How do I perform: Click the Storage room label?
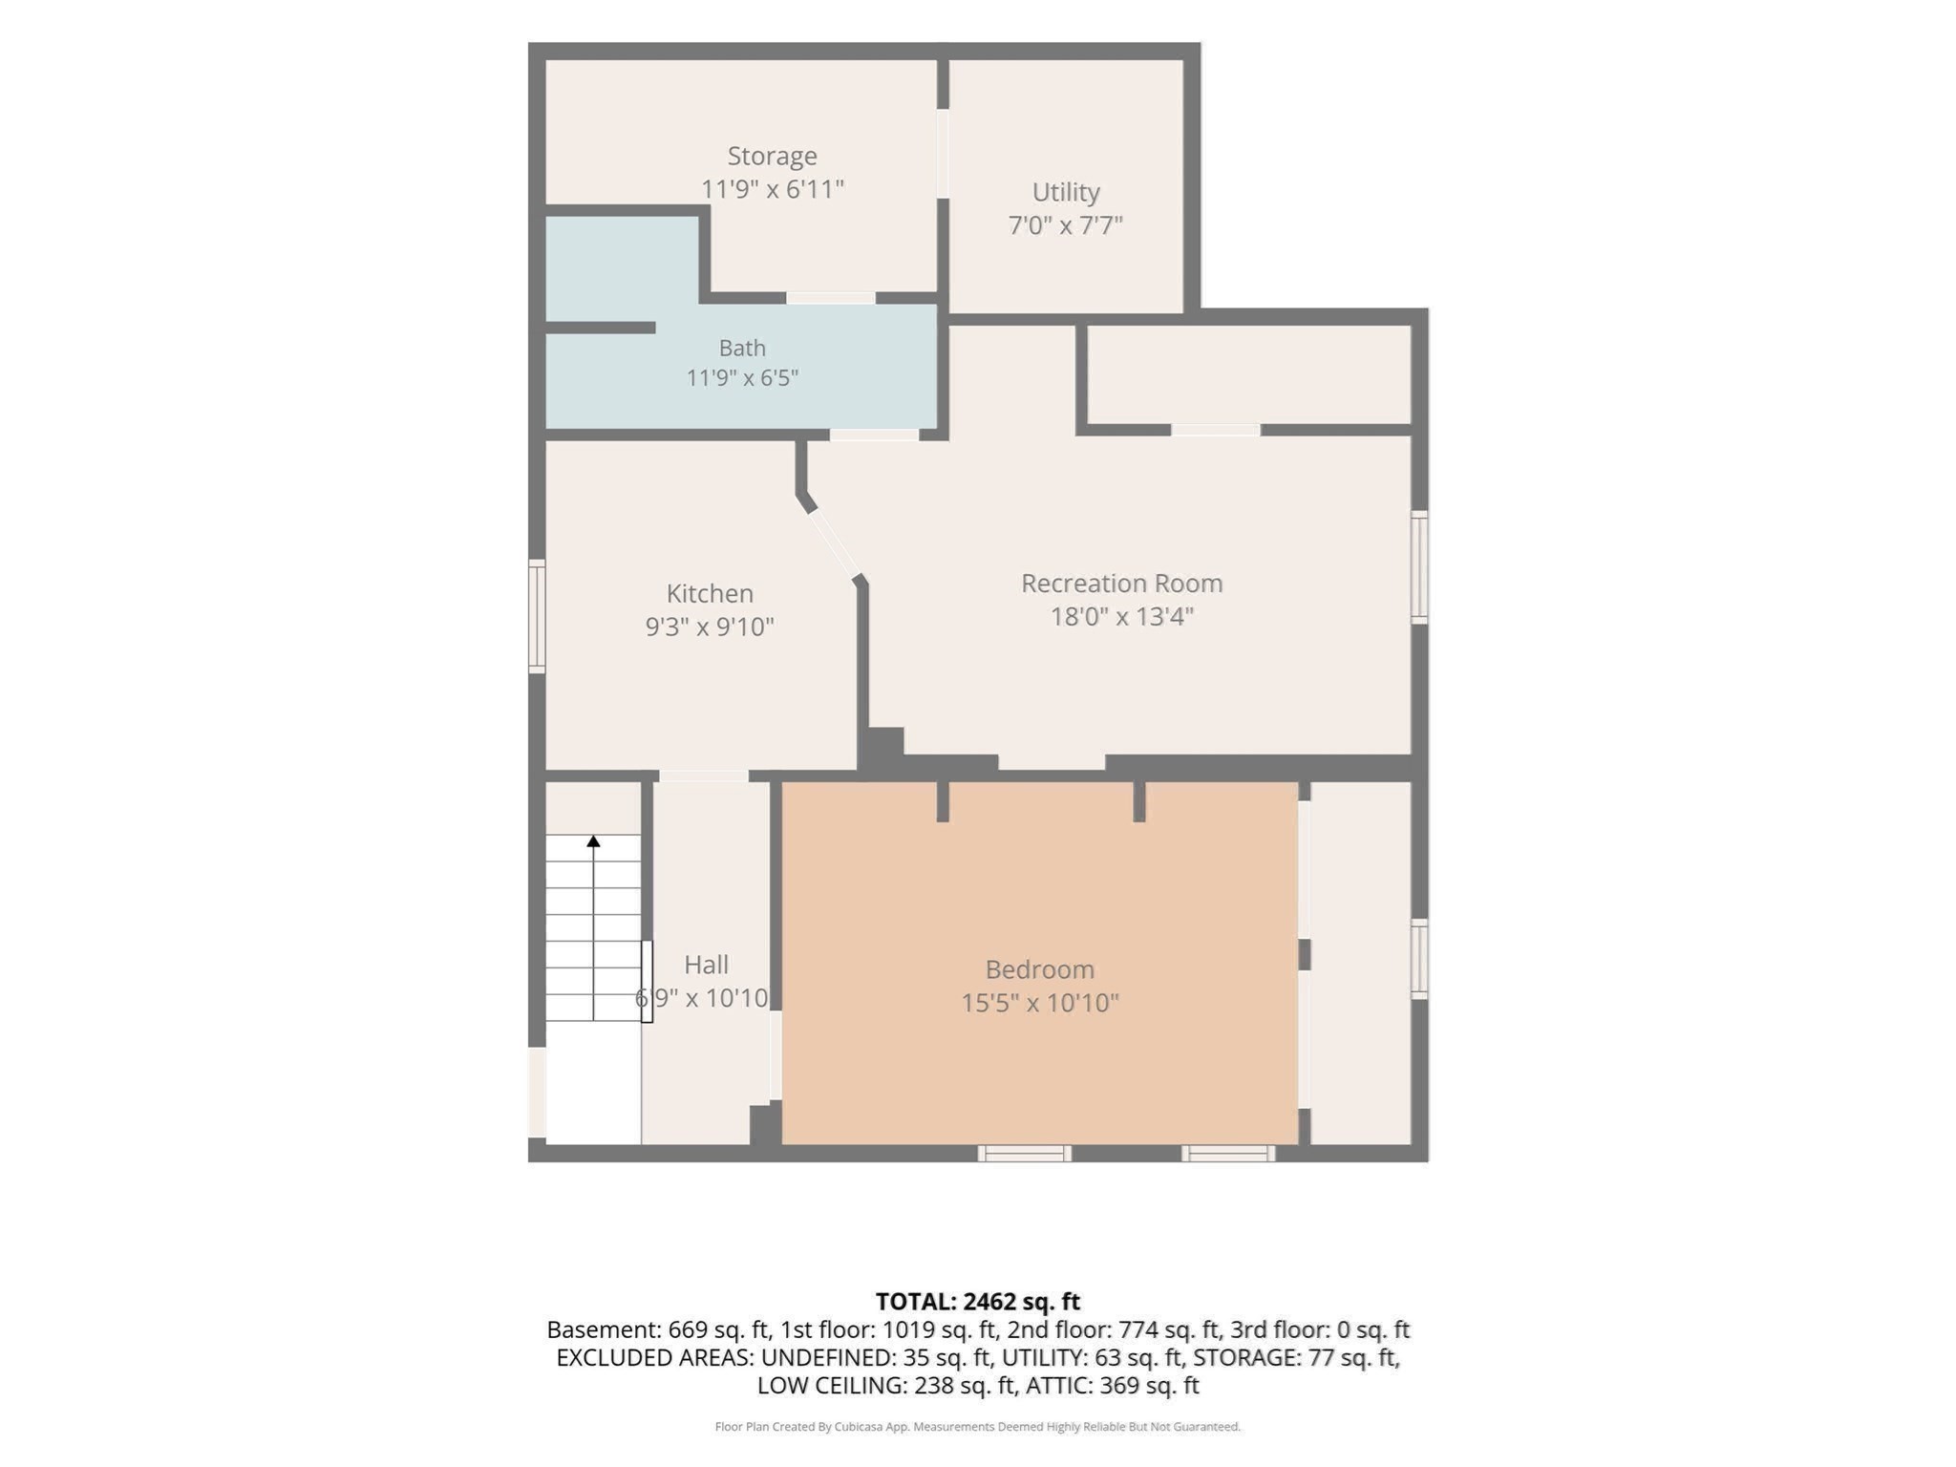point(772,156)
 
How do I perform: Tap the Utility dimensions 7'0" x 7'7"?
point(1065,225)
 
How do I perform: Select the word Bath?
point(742,348)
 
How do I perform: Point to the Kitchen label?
point(710,593)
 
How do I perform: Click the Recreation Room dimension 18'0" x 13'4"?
point(1122,616)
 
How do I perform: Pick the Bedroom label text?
point(1040,969)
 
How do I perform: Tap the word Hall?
point(707,964)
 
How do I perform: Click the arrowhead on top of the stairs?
point(593,841)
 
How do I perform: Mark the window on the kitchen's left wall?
point(537,616)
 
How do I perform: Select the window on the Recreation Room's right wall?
point(1419,567)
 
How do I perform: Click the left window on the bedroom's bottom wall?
point(1024,1154)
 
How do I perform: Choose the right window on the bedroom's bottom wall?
point(1228,1154)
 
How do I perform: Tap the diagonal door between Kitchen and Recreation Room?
point(833,544)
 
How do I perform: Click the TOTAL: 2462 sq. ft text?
point(978,1301)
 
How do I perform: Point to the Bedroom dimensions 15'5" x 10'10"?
point(1040,1003)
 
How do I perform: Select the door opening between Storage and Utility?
point(943,154)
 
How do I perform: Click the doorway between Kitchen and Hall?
point(704,776)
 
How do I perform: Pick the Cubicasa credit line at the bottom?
point(978,1427)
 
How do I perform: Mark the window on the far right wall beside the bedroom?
point(1419,959)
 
